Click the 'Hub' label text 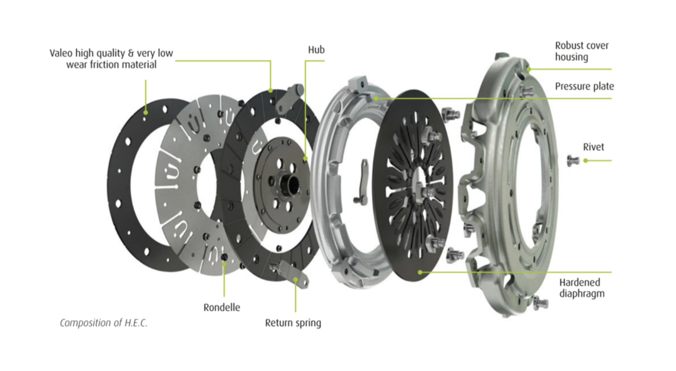[316, 50]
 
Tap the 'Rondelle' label [222, 307]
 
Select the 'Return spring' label [293, 323]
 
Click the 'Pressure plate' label [585, 86]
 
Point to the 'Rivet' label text [593, 147]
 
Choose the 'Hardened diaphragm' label [582, 288]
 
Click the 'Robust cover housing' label [582, 51]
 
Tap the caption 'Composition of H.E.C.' [104, 323]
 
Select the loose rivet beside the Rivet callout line [573, 160]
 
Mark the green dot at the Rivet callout [586, 161]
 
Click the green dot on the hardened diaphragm [420, 272]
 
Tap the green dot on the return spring [296, 279]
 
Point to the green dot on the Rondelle [224, 264]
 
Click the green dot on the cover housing [529, 69]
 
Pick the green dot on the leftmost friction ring [146, 113]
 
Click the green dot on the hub [306, 159]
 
